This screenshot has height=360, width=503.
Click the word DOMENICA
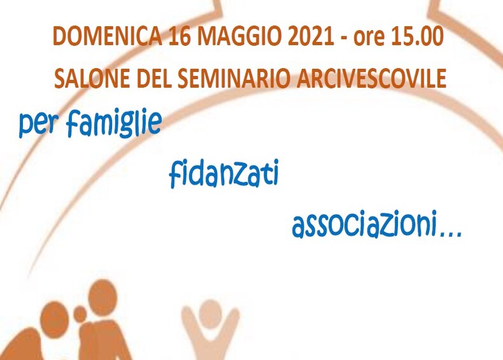point(107,36)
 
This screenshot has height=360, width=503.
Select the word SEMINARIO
point(234,78)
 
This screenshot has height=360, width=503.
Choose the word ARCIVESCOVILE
point(371,78)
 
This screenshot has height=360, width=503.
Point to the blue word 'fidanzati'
point(223,173)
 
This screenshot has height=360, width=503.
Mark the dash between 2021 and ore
point(344,38)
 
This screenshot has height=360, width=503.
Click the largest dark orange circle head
point(103,298)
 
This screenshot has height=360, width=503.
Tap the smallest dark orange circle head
point(80,313)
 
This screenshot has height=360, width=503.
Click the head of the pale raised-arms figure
point(210,312)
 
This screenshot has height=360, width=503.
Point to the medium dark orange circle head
point(54,320)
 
